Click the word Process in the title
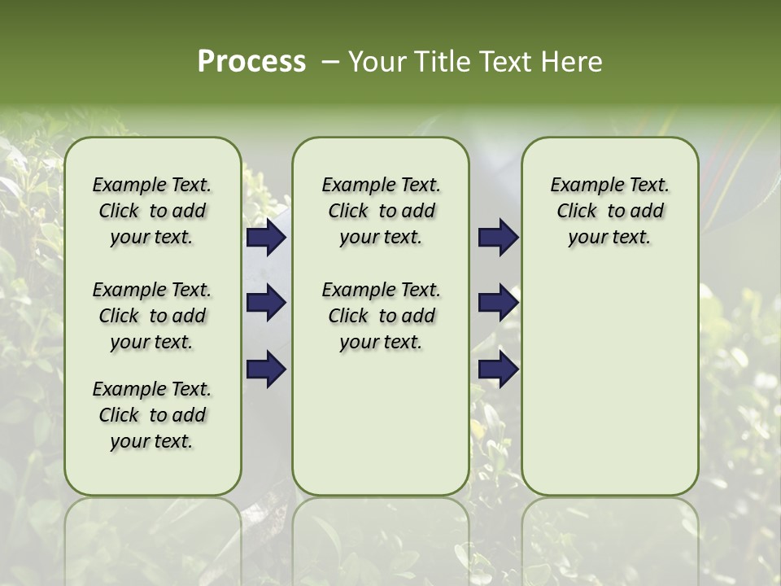click(x=251, y=61)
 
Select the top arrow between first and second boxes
click(x=266, y=238)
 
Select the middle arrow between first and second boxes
click(x=266, y=304)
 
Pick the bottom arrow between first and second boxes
click(x=266, y=370)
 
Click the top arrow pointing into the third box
click(x=498, y=238)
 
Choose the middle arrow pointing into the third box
click(x=498, y=304)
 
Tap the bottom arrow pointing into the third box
click(x=498, y=370)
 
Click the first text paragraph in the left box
click(x=152, y=211)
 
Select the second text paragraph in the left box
click(x=152, y=316)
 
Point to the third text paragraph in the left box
click(x=152, y=415)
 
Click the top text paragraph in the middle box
click(x=381, y=211)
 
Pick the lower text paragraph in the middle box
click(x=381, y=316)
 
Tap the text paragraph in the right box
click(x=609, y=211)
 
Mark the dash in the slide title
click(x=330, y=63)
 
